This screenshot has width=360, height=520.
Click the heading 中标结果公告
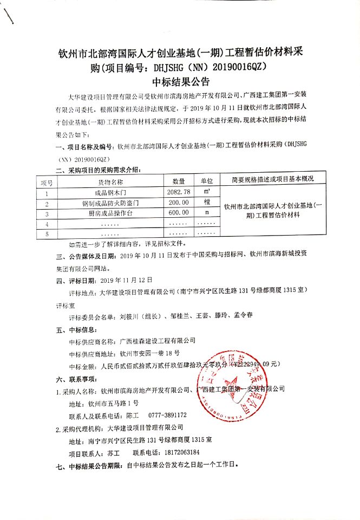pos(180,82)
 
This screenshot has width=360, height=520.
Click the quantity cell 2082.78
pos(179,192)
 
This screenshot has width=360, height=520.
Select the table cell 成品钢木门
pos(110,193)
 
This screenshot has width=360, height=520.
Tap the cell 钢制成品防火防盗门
pos(110,203)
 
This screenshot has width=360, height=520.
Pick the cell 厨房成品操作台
pos(110,213)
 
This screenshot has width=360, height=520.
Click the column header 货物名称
pos(110,181)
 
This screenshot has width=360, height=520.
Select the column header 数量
pos(179,181)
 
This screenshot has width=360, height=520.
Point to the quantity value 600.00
pos(179,213)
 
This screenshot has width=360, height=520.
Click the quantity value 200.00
pos(179,203)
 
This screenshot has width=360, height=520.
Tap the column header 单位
pos(207,181)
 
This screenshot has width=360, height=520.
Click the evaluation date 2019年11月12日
pos(127,280)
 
